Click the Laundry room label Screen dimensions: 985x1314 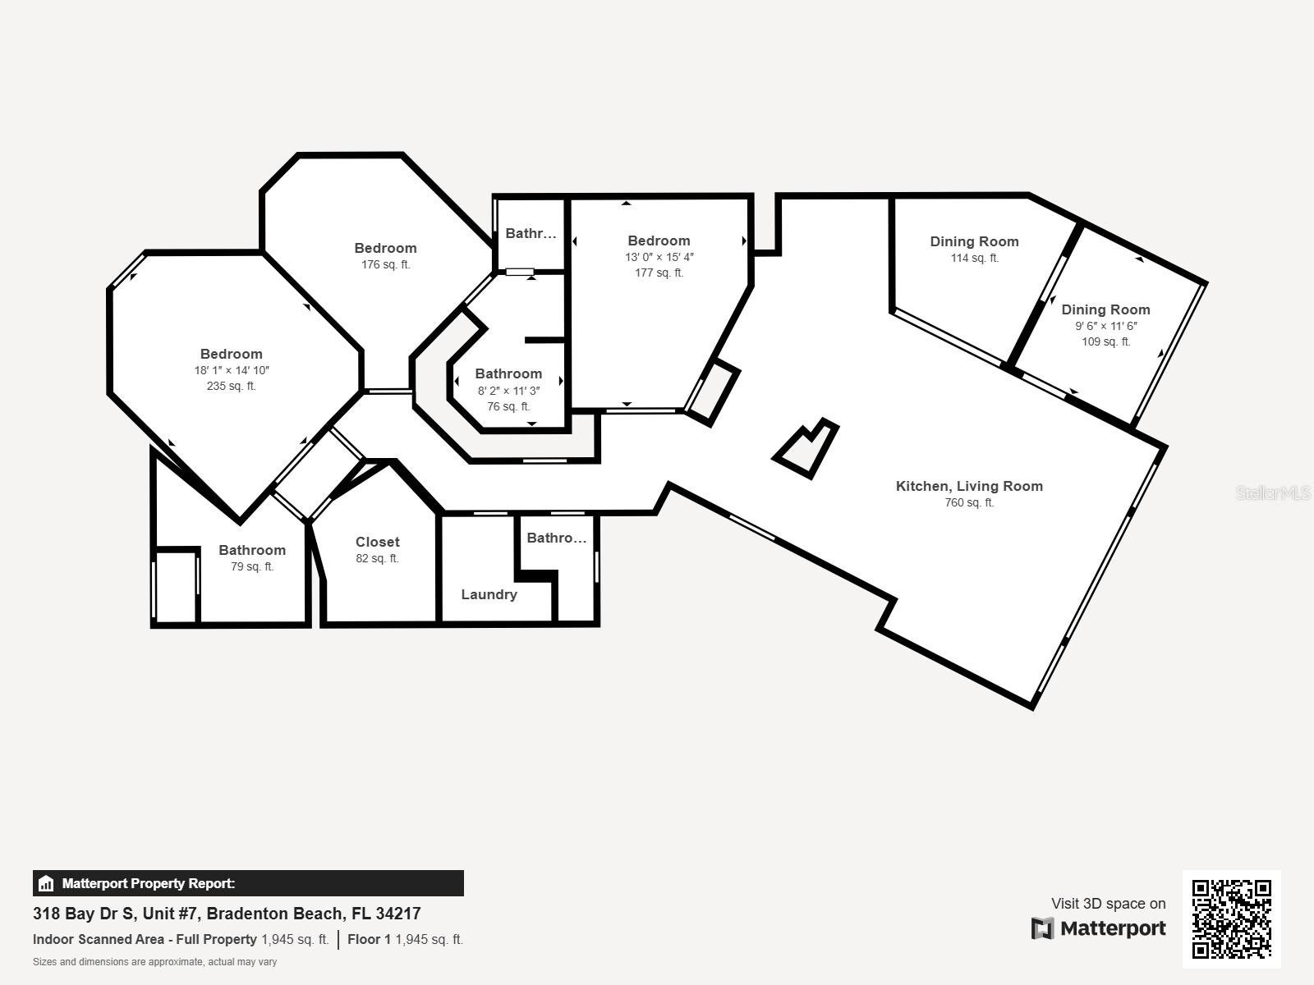(489, 594)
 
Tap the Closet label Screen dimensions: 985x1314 (378, 542)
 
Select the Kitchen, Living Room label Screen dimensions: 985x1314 (969, 486)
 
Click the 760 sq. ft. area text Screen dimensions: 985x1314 (969, 502)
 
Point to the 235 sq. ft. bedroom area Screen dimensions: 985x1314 (232, 386)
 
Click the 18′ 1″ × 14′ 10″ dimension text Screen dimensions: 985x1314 (232, 370)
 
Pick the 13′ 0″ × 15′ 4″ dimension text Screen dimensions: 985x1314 (659, 257)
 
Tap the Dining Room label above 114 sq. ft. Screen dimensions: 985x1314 (974, 241)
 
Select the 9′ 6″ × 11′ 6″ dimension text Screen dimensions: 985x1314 (1105, 326)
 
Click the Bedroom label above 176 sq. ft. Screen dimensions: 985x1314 (385, 248)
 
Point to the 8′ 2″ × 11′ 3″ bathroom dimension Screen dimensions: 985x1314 (508, 391)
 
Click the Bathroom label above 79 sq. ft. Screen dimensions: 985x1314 (252, 550)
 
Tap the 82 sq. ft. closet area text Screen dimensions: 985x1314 (378, 558)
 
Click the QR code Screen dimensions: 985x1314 (1231, 919)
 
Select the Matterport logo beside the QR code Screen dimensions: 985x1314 (1099, 928)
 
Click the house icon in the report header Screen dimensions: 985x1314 (46, 884)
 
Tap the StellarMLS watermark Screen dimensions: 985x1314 (1273, 492)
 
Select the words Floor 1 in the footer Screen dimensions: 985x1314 (369, 939)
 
